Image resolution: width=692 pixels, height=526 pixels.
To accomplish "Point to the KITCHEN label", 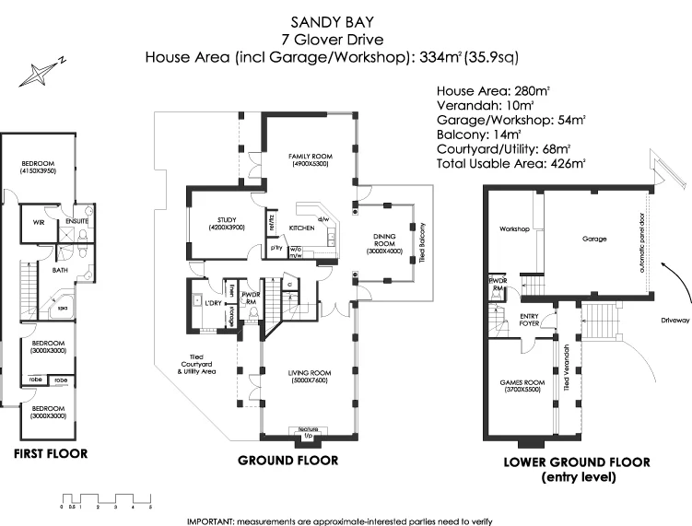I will (x=302, y=227).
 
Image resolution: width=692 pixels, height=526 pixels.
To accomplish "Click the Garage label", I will (x=594, y=239).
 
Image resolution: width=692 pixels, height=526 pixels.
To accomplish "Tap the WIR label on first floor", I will (x=39, y=222).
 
